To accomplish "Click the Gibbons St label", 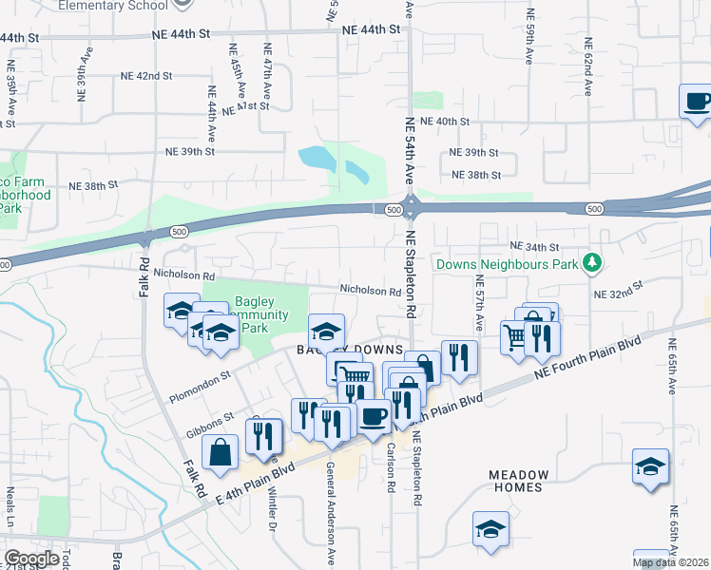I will (209, 419).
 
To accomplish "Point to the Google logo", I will (31, 559).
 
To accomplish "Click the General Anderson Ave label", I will (332, 513).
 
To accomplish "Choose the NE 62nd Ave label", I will (589, 66).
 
